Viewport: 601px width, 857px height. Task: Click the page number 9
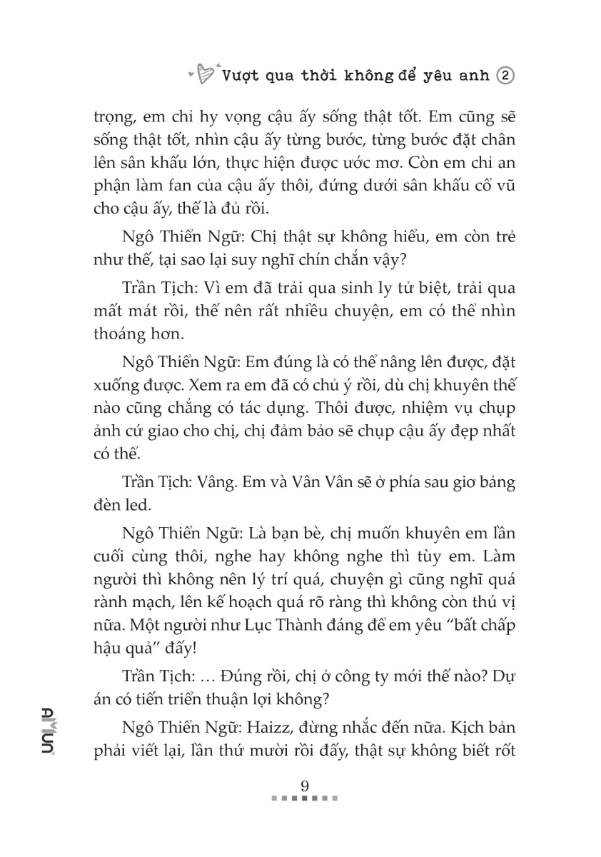click(305, 786)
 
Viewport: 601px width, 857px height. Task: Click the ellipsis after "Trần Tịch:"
click(208, 676)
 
